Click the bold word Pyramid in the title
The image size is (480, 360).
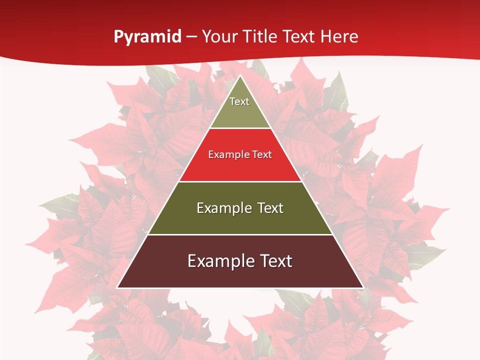147,37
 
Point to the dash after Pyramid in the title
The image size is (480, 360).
191,37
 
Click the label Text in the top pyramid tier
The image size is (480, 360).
239,101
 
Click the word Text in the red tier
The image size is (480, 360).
262,154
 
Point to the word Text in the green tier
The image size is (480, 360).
270,208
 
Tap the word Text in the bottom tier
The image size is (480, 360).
276,261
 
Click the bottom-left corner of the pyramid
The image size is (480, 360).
117,287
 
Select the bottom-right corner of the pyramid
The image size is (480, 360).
363,287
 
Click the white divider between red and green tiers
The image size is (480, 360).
240,181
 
